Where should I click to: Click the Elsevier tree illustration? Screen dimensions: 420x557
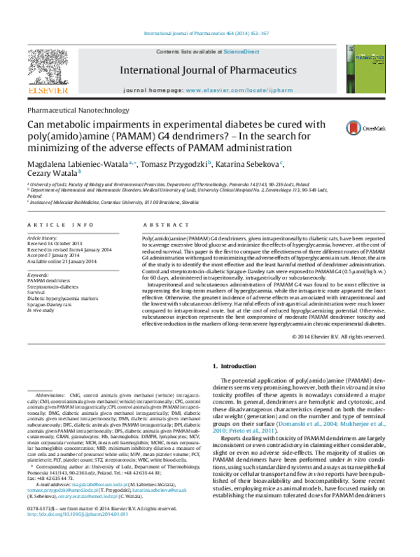(x=48, y=67)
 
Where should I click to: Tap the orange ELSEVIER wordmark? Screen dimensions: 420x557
(x=48, y=90)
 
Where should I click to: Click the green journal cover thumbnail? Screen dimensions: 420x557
(x=365, y=69)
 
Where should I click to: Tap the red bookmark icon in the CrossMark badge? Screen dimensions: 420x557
(x=353, y=128)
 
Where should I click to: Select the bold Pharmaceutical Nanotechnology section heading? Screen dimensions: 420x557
(x=78, y=110)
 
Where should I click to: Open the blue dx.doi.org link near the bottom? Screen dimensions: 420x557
(x=78, y=514)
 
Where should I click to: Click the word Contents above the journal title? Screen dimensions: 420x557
(x=168, y=52)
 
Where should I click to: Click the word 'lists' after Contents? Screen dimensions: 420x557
(x=187, y=52)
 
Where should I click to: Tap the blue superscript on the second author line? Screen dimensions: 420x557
(x=79, y=171)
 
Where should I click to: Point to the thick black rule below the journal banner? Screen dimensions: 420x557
(x=206, y=99)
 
